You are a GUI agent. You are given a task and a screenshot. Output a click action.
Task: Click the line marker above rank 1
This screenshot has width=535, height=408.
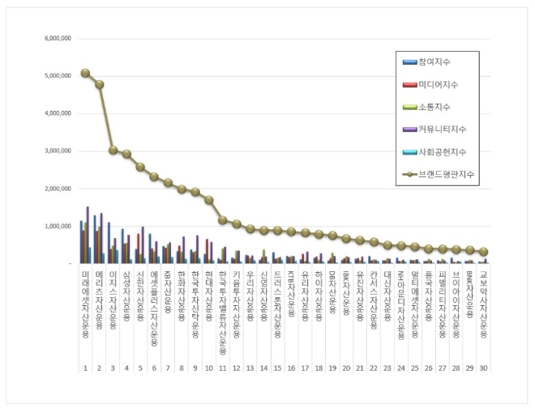pyautogui.click(x=85, y=73)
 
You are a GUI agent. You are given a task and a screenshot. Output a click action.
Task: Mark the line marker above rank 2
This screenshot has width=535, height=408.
pyautogui.click(x=99, y=84)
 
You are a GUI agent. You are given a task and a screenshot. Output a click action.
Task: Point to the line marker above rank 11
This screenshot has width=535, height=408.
pyautogui.click(x=223, y=219)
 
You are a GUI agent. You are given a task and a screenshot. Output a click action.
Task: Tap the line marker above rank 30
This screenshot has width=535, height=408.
pyautogui.click(x=483, y=252)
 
